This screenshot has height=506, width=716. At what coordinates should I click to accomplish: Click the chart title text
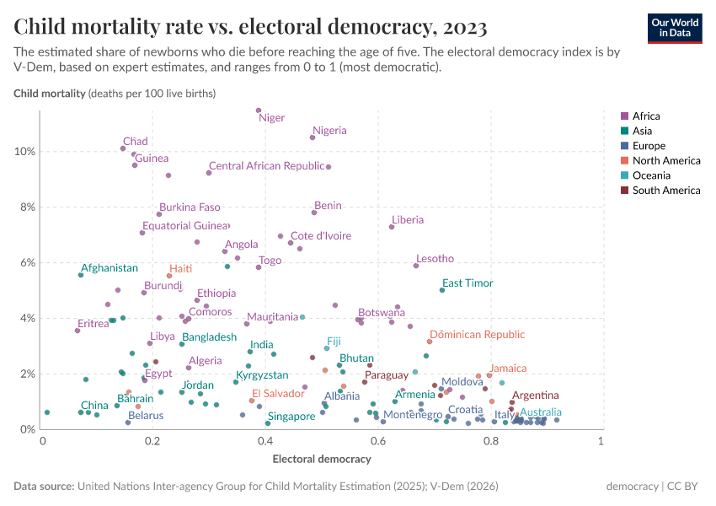click(x=250, y=27)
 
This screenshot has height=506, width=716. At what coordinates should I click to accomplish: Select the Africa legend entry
click(x=645, y=116)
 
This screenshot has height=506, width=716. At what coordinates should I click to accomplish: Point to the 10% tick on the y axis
click(x=24, y=152)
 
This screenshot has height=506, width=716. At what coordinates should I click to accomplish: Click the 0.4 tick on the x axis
click(x=265, y=441)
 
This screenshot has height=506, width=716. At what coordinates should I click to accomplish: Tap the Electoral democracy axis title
click(x=321, y=460)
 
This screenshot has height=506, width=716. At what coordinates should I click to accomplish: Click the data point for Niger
click(x=259, y=110)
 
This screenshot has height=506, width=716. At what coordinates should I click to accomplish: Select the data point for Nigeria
click(x=313, y=137)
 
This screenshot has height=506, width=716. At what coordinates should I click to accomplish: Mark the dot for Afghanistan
click(x=81, y=275)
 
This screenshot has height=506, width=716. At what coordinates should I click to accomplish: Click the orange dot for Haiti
click(x=169, y=276)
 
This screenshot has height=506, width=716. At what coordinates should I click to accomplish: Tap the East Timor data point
click(x=442, y=290)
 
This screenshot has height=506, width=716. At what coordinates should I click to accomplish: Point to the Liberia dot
click(x=392, y=227)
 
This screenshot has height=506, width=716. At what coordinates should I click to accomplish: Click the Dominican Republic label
click(x=478, y=335)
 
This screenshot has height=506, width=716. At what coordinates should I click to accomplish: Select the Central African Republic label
click(x=266, y=166)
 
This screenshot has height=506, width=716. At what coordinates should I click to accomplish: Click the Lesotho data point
click(x=416, y=266)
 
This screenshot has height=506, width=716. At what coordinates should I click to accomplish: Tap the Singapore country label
click(x=291, y=416)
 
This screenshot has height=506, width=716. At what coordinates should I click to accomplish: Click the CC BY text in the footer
click(x=684, y=487)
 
